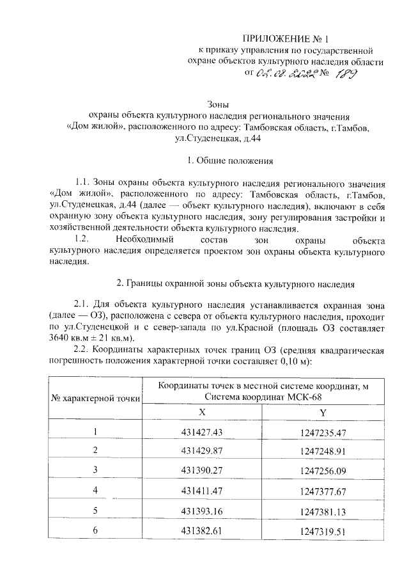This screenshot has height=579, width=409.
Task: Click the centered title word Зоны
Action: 218,105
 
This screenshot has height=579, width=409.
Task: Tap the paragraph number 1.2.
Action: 86,240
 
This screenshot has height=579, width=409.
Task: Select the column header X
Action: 202,413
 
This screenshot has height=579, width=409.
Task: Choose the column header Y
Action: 323,413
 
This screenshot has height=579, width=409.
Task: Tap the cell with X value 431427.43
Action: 202,432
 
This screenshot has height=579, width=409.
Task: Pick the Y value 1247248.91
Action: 323,451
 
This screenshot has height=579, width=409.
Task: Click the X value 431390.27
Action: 202,470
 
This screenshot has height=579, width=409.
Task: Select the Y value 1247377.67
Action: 323,491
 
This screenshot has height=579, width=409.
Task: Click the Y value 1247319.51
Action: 323,531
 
